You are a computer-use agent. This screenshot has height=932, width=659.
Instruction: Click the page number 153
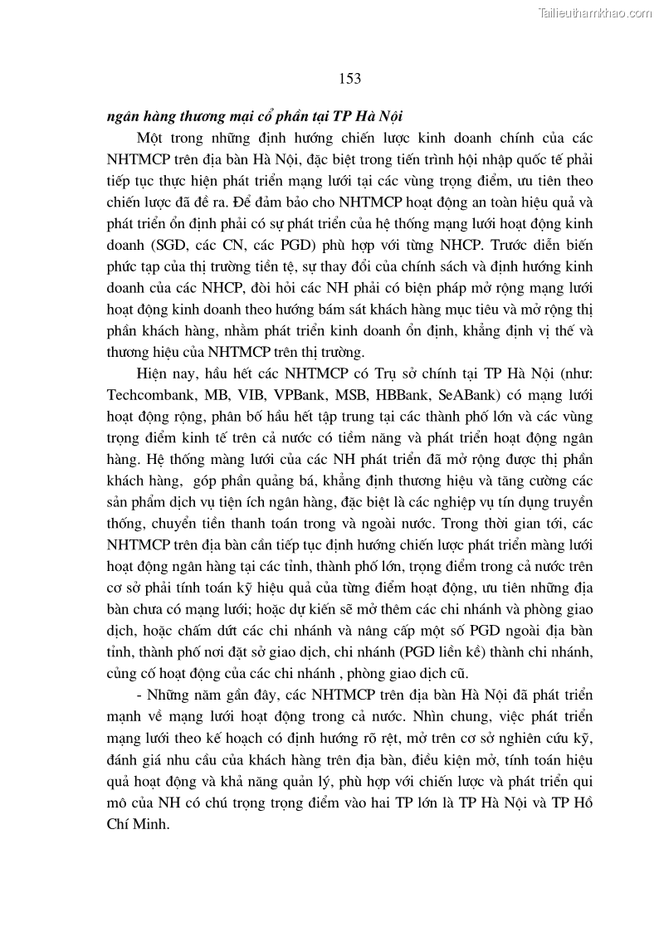[349, 79]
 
